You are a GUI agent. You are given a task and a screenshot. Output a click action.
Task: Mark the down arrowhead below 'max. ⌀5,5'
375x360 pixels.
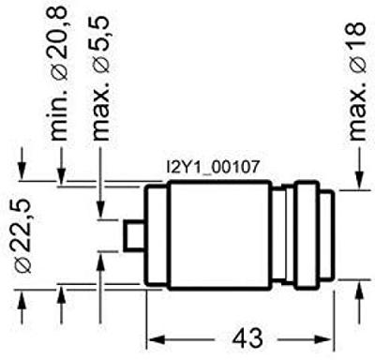click(x=102, y=207)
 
